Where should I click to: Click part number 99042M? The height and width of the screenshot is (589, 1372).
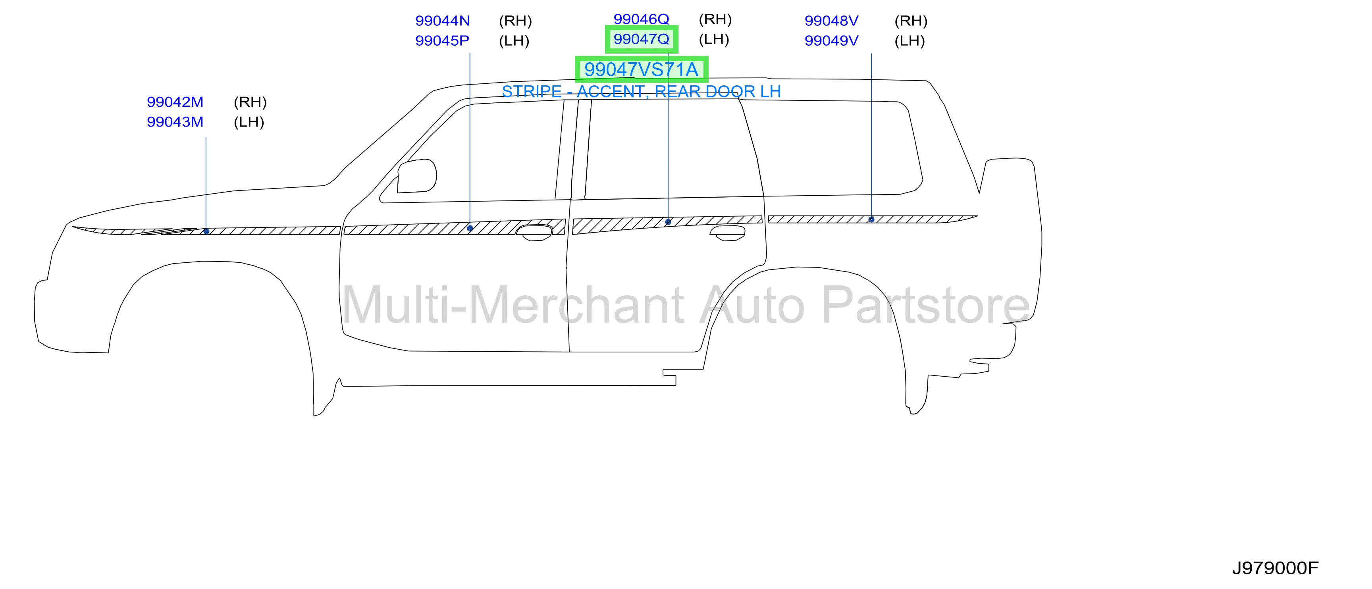(x=175, y=102)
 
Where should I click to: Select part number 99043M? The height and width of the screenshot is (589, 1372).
(x=175, y=122)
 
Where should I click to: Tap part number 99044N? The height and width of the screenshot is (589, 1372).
(x=443, y=21)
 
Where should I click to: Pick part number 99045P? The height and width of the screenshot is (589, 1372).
(x=442, y=40)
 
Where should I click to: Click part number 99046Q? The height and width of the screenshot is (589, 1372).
(x=641, y=19)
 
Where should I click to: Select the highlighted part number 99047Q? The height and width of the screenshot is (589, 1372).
(x=641, y=39)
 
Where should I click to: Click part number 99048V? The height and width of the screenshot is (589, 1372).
(x=831, y=21)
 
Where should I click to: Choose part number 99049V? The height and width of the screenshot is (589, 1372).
(x=831, y=40)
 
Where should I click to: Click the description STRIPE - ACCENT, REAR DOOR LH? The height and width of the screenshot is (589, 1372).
(x=641, y=92)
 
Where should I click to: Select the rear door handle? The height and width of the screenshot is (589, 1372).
(x=728, y=233)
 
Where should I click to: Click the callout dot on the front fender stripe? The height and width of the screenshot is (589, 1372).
(x=206, y=231)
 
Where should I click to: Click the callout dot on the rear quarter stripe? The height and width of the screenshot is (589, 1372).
(x=871, y=219)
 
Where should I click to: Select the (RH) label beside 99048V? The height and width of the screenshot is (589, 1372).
(x=911, y=21)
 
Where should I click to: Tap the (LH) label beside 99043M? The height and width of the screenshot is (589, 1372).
(x=249, y=122)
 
